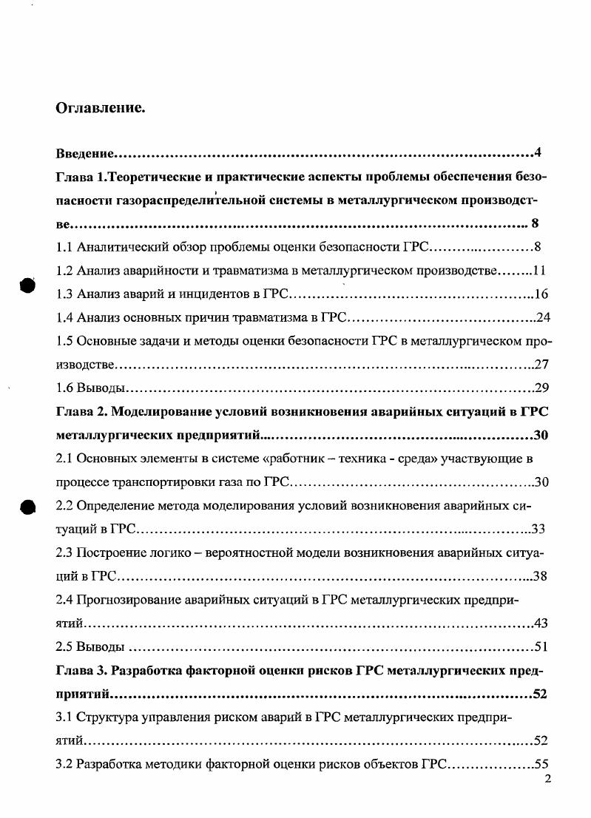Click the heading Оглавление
(x=100, y=108)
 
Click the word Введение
(x=85, y=155)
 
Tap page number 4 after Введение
(x=538, y=154)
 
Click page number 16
(x=541, y=294)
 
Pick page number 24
(x=541, y=318)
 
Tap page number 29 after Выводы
(x=541, y=388)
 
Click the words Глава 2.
(x=81, y=412)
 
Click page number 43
(x=541, y=623)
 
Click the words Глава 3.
(x=81, y=671)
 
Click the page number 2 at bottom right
(x=547, y=779)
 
